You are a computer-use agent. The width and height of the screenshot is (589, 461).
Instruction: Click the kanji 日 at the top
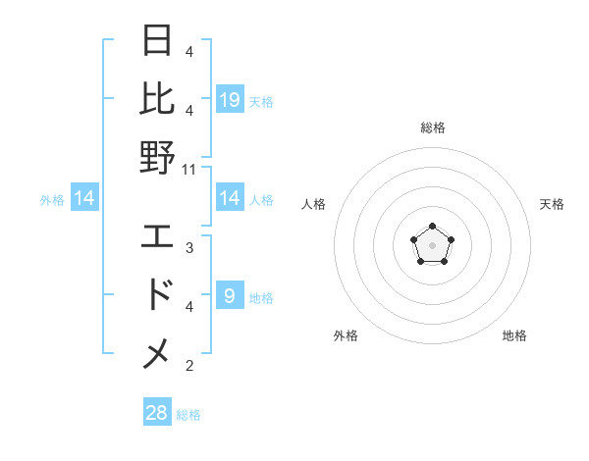pyautogui.click(x=158, y=42)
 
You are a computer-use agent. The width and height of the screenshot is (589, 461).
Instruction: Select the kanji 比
pyautogui.click(x=158, y=99)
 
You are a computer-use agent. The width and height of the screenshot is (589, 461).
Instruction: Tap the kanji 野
pyautogui.click(x=158, y=157)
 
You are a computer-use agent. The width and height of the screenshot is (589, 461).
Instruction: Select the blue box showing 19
pyautogui.click(x=230, y=99)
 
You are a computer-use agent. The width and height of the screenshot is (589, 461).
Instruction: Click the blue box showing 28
pyautogui.click(x=157, y=413)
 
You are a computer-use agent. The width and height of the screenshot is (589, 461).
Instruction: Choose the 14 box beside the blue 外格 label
pyautogui.click(x=85, y=199)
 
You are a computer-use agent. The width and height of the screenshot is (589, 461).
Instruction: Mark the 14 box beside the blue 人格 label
pyautogui.click(x=230, y=199)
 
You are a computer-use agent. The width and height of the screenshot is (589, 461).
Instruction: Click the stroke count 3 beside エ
pyautogui.click(x=188, y=248)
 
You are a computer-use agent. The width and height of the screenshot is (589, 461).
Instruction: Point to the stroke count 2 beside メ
pyautogui.click(x=188, y=366)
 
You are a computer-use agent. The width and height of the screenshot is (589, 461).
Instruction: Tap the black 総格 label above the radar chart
pyautogui.click(x=433, y=128)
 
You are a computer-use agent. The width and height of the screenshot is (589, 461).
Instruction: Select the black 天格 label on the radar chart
pyautogui.click(x=552, y=204)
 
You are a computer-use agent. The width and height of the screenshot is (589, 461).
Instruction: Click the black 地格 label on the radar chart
pyautogui.click(x=514, y=335)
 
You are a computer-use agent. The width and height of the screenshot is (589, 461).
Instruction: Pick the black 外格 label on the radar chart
pyautogui.click(x=346, y=335)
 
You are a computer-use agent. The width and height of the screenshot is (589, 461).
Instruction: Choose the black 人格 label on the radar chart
pyautogui.click(x=314, y=204)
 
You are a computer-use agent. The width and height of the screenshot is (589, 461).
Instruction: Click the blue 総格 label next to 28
pyautogui.click(x=188, y=415)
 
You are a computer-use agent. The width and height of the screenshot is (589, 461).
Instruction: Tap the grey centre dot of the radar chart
pyautogui.click(x=432, y=243)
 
